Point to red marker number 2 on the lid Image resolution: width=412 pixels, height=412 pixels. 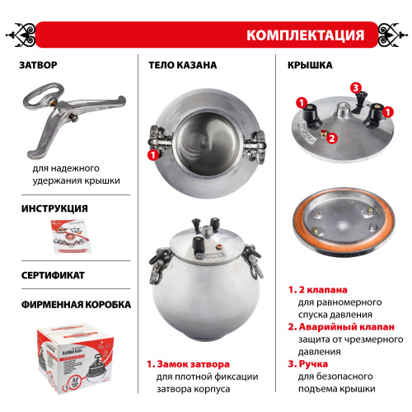(x=331, y=138)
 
